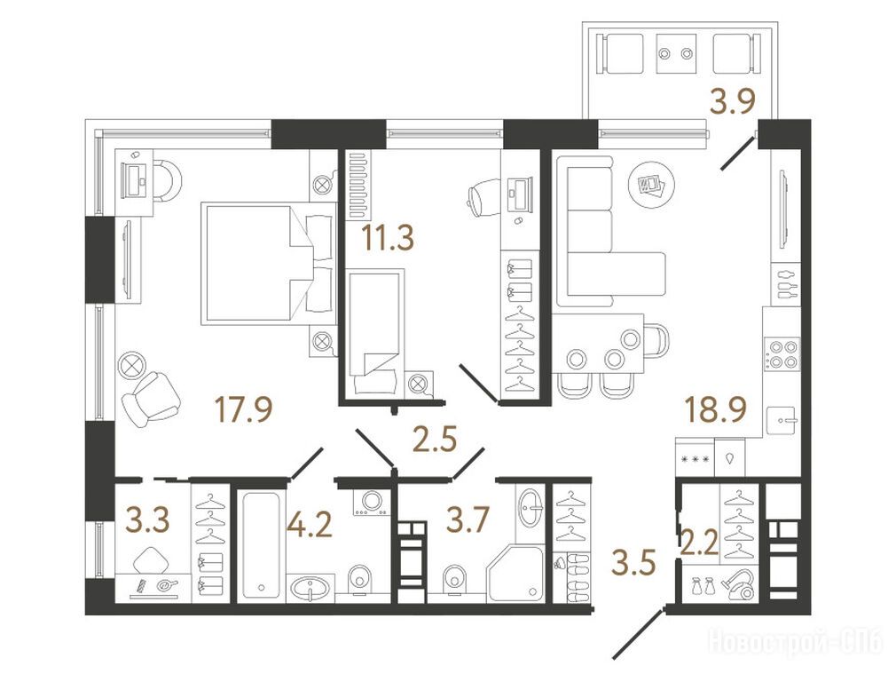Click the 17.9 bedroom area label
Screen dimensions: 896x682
pos(243,409)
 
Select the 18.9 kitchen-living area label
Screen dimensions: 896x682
pos(716,409)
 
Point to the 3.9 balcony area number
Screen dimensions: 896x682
pos(733,102)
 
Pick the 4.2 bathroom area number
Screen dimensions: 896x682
pos(310,524)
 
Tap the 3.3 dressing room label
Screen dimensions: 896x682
pos(147,520)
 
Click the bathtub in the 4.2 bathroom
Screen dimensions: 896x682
pos(261,544)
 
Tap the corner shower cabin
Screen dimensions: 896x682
pos(515,574)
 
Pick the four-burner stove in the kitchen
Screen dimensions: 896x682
pos(782,353)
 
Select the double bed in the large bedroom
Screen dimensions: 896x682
pos(269,263)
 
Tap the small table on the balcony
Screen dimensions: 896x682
pos(677,53)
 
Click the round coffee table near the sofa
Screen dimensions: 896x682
pos(651,184)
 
